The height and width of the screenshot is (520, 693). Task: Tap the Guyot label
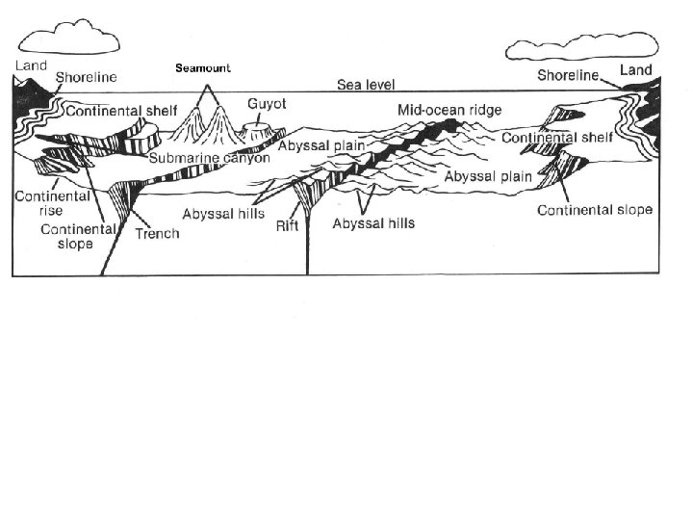click(266, 103)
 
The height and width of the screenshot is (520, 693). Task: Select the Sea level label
click(366, 85)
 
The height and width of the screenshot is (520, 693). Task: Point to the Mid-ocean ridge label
click(449, 110)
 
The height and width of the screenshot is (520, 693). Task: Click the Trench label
click(157, 234)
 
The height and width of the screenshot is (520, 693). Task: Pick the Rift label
click(287, 228)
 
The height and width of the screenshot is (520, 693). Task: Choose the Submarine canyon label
click(209, 158)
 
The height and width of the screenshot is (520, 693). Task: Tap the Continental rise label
click(38, 203)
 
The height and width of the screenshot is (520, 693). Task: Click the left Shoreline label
click(87, 77)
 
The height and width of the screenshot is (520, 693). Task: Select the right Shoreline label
click(568, 74)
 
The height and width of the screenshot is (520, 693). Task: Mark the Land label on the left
click(30, 65)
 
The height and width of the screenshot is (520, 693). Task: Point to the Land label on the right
click(635, 70)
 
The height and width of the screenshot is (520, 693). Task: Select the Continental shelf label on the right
click(557, 138)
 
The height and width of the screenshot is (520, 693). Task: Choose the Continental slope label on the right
click(594, 210)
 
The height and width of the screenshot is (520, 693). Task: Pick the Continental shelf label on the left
click(120, 109)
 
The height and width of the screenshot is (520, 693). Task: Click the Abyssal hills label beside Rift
click(223, 213)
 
